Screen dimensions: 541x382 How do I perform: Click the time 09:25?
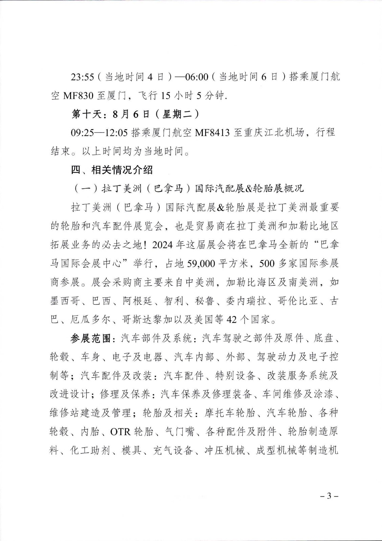point(82,133)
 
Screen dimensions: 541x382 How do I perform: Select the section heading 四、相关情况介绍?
point(112,170)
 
